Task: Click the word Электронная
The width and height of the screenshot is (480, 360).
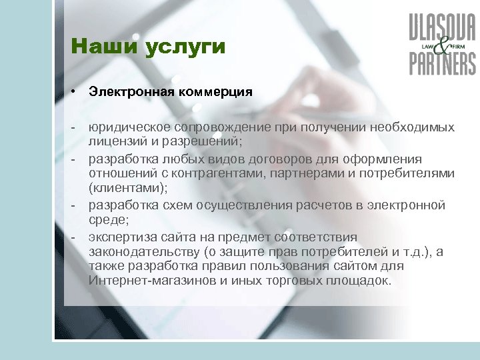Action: [x=131, y=92]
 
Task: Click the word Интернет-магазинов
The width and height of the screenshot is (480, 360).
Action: [x=149, y=279]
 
